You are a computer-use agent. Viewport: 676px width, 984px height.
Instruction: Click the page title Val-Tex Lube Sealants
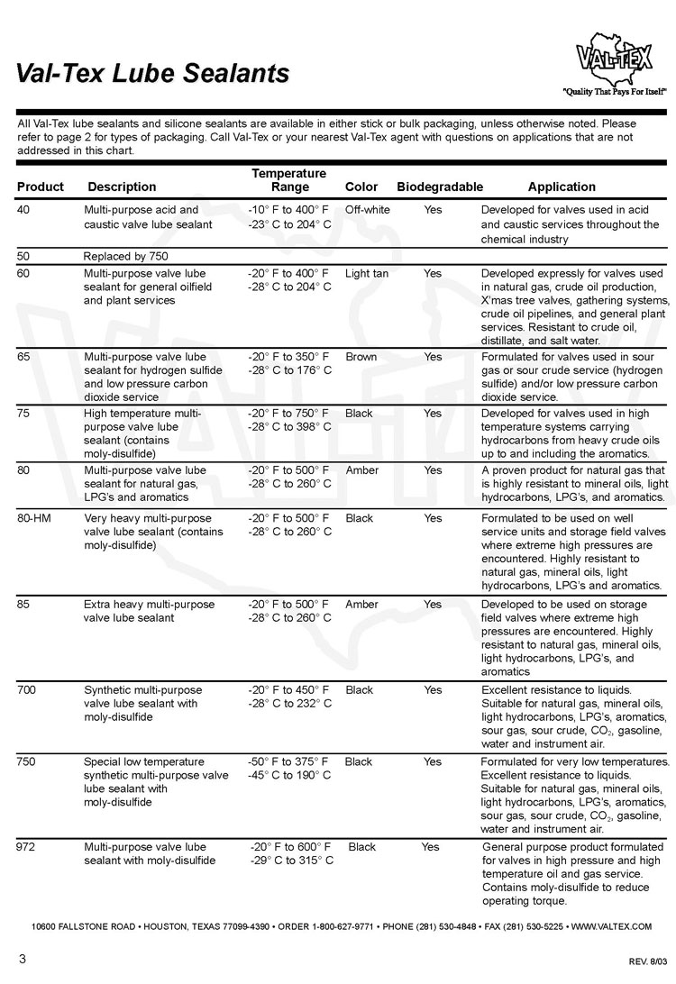(x=152, y=73)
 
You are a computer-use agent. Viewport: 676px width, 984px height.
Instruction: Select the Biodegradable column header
(x=440, y=187)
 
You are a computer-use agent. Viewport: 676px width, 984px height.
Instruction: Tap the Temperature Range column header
(x=288, y=179)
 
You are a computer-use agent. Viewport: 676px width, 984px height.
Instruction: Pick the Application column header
(x=562, y=187)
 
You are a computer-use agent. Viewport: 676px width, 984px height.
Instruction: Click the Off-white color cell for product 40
(x=367, y=209)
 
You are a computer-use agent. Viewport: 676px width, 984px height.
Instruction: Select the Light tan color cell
(x=367, y=273)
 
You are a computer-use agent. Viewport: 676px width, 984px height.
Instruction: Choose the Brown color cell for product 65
(x=361, y=357)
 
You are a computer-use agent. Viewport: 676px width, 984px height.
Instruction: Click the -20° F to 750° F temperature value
(x=288, y=413)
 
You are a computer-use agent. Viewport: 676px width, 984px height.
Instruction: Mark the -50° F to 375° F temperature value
(x=288, y=761)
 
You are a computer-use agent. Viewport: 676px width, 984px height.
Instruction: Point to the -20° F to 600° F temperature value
(x=290, y=847)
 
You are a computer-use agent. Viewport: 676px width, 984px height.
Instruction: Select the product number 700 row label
(x=27, y=689)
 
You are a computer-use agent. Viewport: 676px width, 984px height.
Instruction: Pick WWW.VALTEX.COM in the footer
(x=611, y=925)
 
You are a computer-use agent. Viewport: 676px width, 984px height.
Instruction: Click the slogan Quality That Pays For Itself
(x=614, y=92)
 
